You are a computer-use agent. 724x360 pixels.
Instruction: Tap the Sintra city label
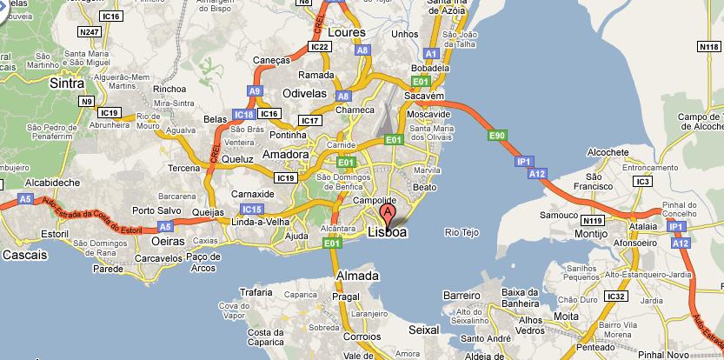tap(67, 84)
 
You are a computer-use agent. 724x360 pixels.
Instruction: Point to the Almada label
tap(357, 276)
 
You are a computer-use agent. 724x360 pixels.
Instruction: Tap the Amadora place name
tap(286, 155)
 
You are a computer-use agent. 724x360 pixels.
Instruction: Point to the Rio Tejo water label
tap(462, 232)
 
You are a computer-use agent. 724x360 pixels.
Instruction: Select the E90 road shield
tap(497, 136)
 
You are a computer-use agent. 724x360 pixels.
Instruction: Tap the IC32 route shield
tap(617, 297)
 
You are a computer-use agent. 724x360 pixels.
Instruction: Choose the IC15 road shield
tap(253, 209)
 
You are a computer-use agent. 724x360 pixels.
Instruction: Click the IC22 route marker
tap(319, 46)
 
